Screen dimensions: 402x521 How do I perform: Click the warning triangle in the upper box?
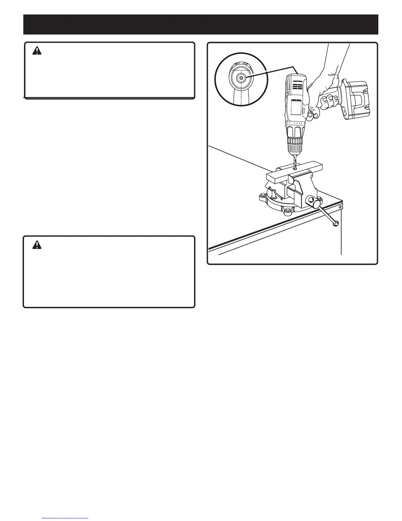pos(37,51)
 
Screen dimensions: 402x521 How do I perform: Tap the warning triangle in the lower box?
pos(37,245)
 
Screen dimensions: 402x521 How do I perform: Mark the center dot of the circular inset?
pos(241,78)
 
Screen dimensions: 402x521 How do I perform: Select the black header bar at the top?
pos(201,24)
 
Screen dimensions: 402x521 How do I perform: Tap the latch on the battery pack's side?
pos(344,113)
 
